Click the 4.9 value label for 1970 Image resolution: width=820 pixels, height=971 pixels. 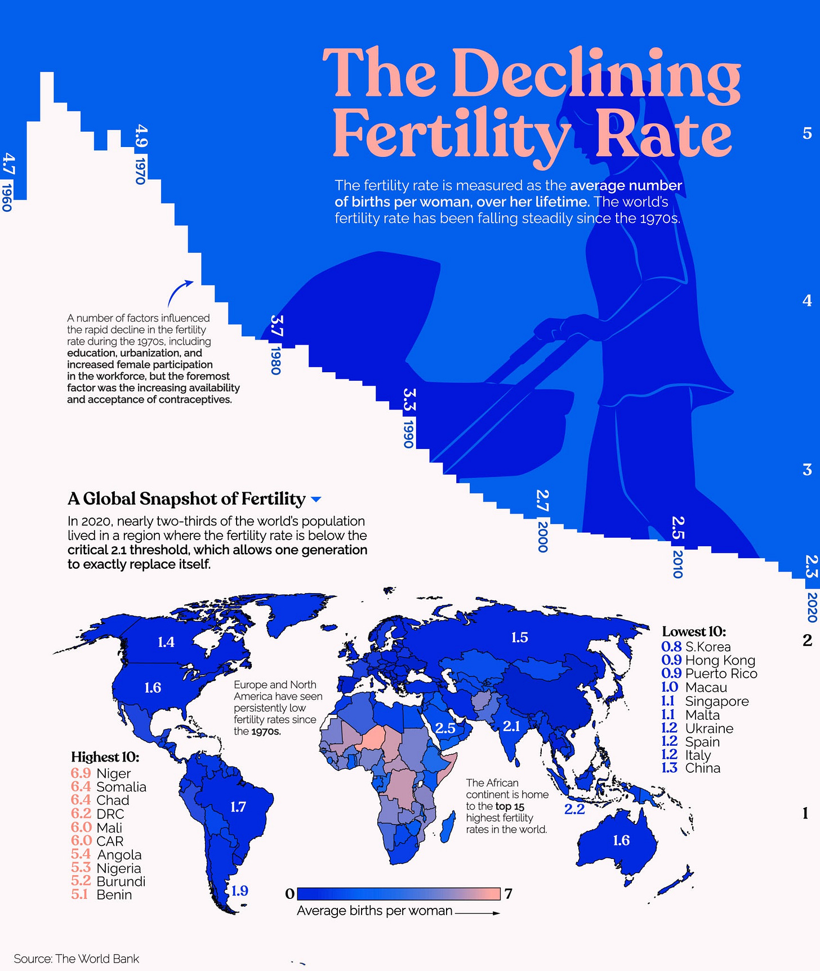tap(142, 136)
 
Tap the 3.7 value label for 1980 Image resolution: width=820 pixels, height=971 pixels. tap(277, 326)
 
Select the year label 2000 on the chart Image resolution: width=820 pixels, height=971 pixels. tap(542, 537)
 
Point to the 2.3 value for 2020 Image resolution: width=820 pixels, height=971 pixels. tap(811, 567)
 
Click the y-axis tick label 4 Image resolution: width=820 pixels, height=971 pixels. tap(807, 301)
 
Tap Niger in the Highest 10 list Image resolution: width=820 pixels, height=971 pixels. tap(113, 773)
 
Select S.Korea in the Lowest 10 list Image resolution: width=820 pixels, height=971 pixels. tap(708, 647)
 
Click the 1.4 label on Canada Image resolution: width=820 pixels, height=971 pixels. tap(166, 642)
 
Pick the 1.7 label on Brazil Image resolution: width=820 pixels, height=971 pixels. tap(238, 807)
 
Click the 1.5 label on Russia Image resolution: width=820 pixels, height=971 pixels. tap(519, 638)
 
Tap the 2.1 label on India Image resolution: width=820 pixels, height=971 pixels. tap(511, 726)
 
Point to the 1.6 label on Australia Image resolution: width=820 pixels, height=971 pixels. tap(621, 840)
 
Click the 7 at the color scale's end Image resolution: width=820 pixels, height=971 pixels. tap(509, 894)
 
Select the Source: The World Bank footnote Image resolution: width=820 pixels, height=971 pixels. tap(76, 959)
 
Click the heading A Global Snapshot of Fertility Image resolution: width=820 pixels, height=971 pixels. tap(186, 498)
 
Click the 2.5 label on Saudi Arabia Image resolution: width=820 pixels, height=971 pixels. tap(445, 728)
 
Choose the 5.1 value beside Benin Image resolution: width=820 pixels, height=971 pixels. tap(79, 894)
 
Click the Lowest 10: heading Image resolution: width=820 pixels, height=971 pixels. tap(694, 631)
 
